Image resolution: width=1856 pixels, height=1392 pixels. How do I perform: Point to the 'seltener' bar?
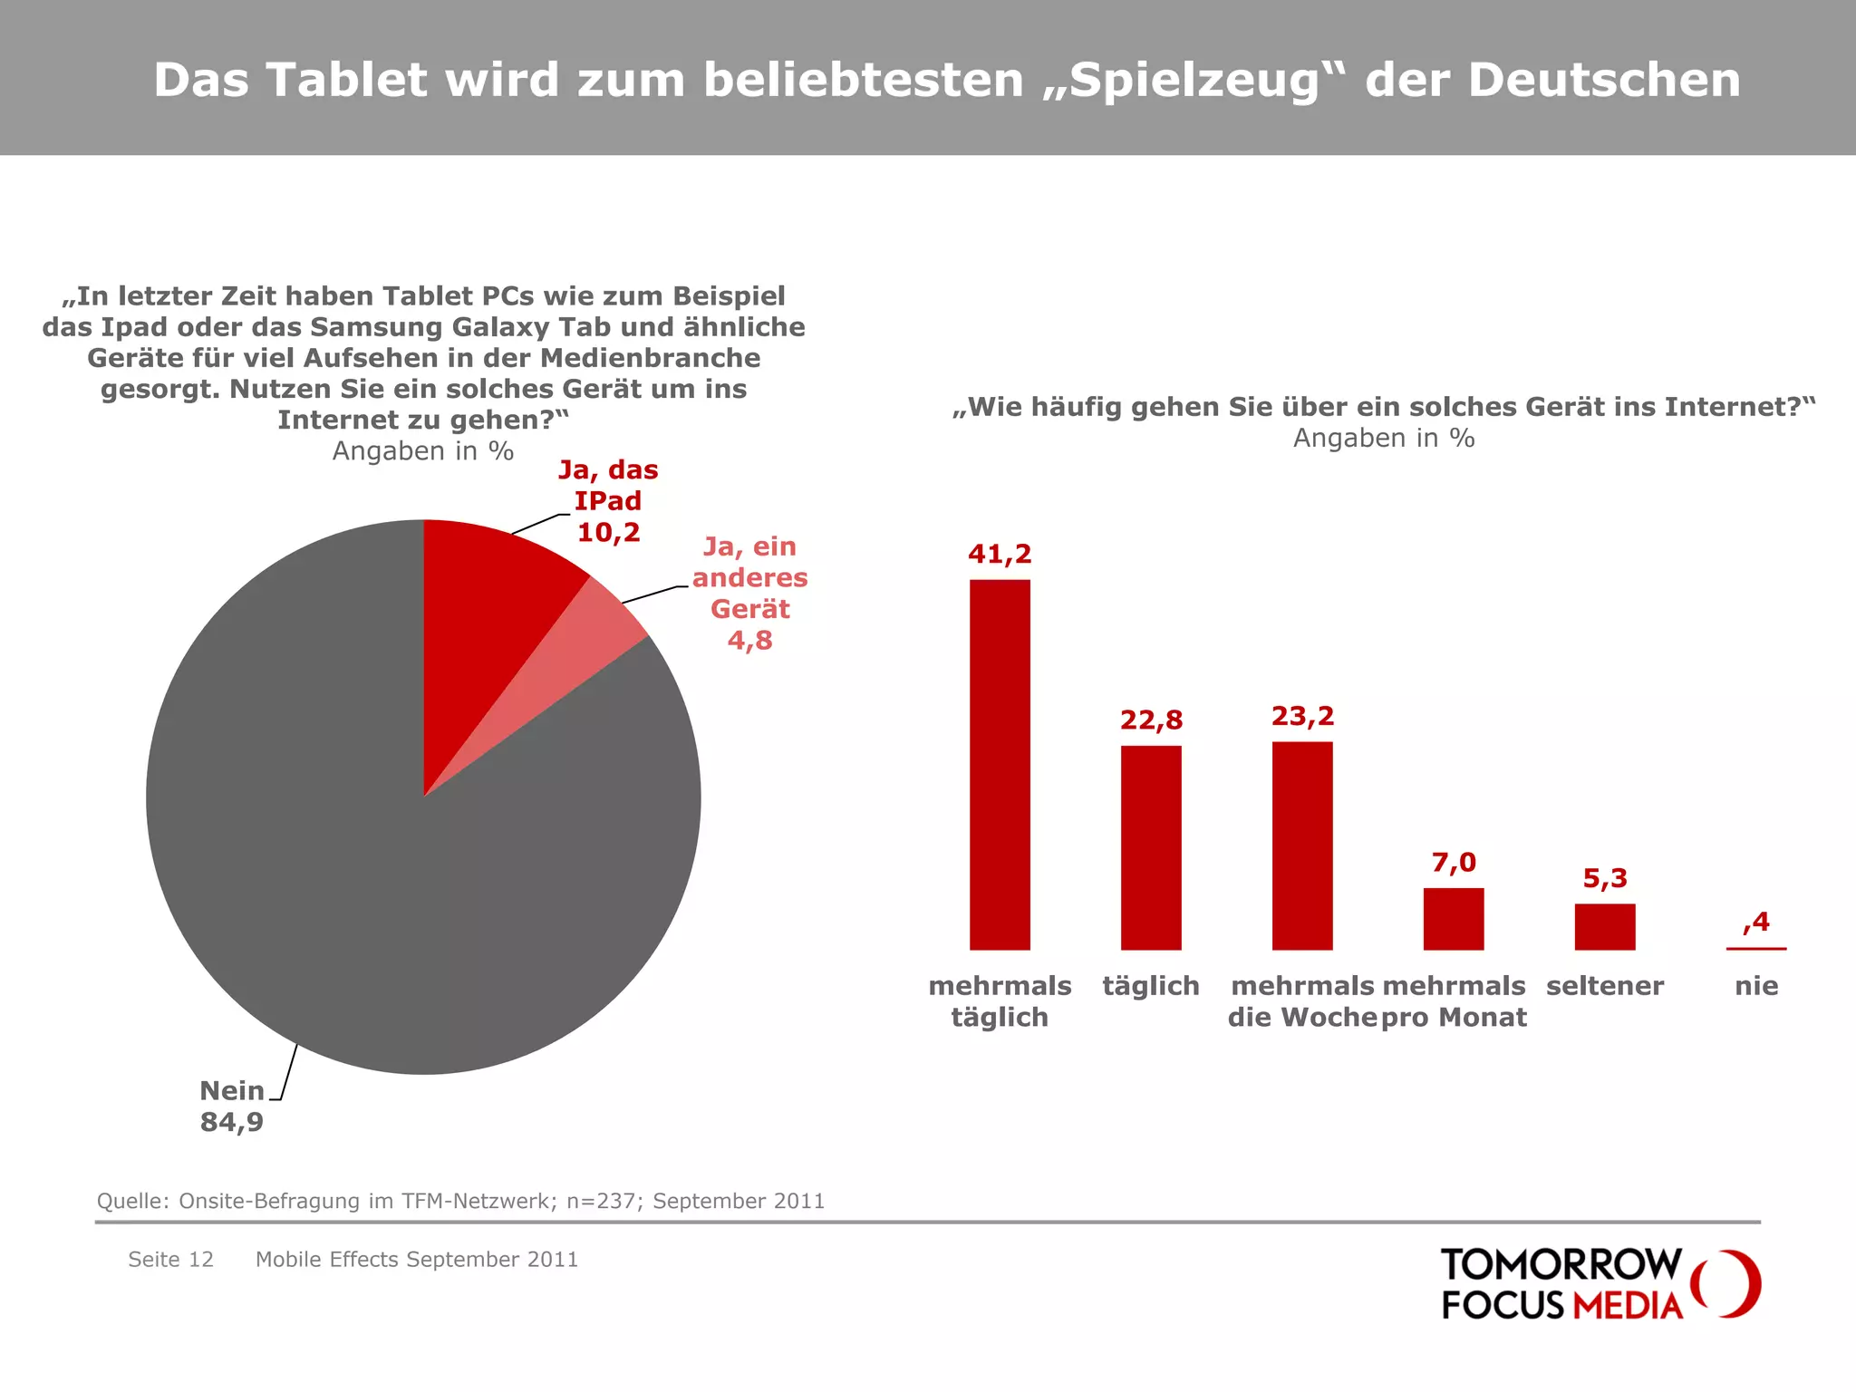coord(1605,926)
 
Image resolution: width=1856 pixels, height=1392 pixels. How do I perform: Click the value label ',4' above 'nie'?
coord(1756,922)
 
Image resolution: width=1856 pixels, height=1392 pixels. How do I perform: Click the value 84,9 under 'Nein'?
coord(231,1122)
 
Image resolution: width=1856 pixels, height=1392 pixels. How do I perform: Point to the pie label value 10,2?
coord(608,532)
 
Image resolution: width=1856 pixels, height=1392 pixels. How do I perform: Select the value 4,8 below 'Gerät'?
coord(749,640)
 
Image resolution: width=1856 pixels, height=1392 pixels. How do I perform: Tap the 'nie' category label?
coord(1756,986)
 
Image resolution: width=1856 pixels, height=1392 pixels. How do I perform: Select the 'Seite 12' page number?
coord(170,1259)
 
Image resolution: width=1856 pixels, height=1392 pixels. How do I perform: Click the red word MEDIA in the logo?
coord(1628,1305)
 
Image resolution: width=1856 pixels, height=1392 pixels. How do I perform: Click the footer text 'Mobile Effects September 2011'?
coord(417,1259)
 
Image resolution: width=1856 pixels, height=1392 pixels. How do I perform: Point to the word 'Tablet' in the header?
coord(345,80)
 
